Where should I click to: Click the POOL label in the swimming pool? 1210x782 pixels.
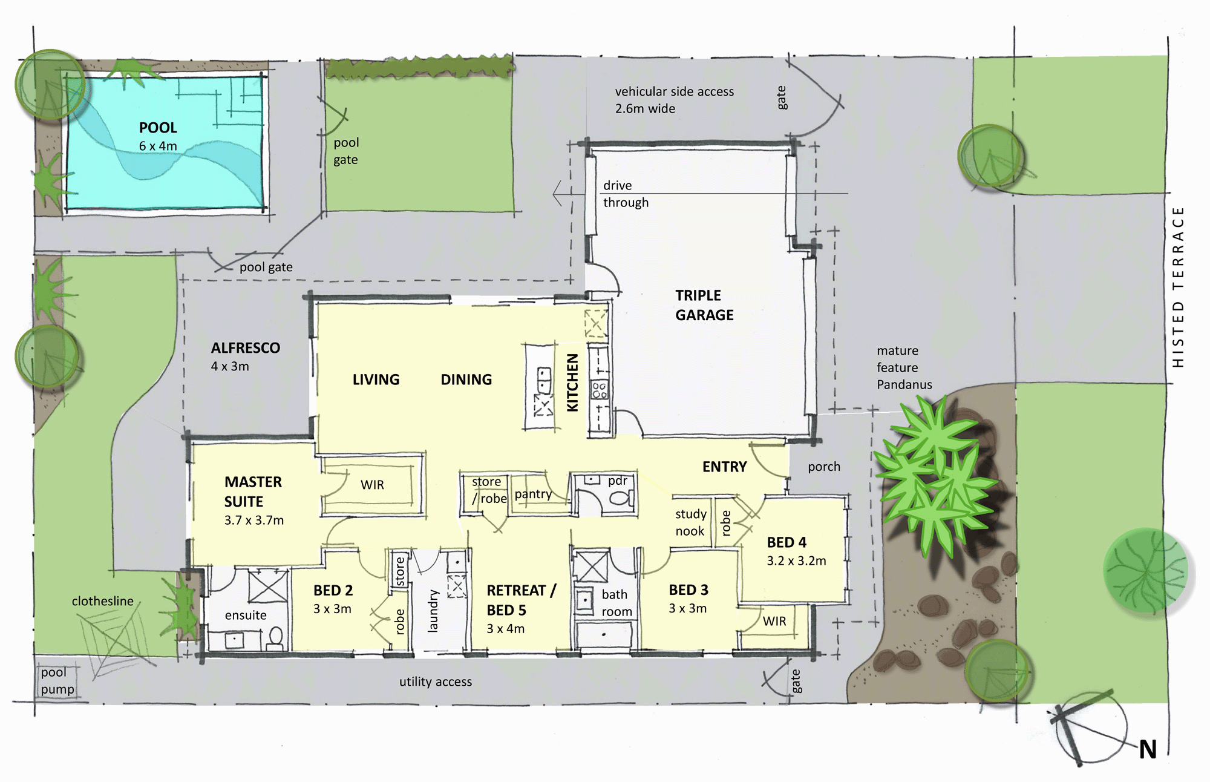pyautogui.click(x=158, y=128)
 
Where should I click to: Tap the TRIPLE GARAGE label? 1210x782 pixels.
pyautogui.click(x=704, y=305)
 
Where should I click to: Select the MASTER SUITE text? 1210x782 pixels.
pyautogui.click(x=253, y=491)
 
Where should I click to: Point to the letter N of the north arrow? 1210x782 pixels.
pyautogui.click(x=1148, y=750)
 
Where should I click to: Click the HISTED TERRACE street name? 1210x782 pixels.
pyautogui.click(x=1177, y=287)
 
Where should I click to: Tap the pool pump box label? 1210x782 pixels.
pyautogui.click(x=57, y=681)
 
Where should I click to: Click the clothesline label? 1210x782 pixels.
pyautogui.click(x=102, y=601)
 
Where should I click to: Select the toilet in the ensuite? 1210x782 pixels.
pyautogui.click(x=275, y=638)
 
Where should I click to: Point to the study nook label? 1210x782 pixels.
pyautogui.click(x=691, y=522)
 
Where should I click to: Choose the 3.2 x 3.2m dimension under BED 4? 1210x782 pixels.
pyautogui.click(x=796, y=561)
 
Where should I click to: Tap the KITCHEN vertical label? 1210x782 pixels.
pyautogui.click(x=572, y=383)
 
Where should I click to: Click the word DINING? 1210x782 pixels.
pyautogui.click(x=466, y=379)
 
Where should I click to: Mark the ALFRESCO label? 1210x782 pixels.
pyautogui.click(x=245, y=348)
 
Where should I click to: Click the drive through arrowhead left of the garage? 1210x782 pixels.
pyautogui.click(x=558, y=194)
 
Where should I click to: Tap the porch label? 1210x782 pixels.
pyautogui.click(x=824, y=467)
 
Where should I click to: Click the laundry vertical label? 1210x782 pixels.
pyautogui.click(x=433, y=611)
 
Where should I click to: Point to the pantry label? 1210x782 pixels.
pyautogui.click(x=533, y=494)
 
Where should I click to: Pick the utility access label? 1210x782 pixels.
pyautogui.click(x=436, y=682)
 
